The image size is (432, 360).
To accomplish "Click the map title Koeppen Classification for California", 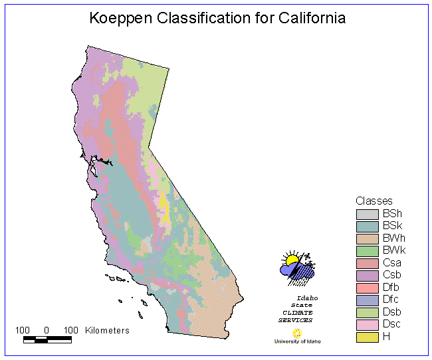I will tap(217, 18).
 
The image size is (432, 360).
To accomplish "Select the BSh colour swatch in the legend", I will tap(367, 214).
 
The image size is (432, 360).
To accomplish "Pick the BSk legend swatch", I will tap(367, 226).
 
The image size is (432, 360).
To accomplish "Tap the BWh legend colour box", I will tap(367, 238).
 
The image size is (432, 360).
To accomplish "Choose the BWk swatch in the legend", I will tap(367, 251).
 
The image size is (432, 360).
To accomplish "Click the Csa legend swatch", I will tap(367, 263).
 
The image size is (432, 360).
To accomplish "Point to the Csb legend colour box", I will tap(367, 275).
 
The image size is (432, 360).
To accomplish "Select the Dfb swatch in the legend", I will tap(367, 288).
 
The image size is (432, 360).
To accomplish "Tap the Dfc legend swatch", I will tap(367, 300).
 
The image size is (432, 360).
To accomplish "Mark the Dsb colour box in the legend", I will tap(367, 312).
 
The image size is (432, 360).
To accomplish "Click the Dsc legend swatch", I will tap(367, 324).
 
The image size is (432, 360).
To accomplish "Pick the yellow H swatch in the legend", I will tap(367, 337).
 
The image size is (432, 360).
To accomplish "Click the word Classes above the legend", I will tap(374, 201).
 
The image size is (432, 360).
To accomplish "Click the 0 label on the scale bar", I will tap(47, 330).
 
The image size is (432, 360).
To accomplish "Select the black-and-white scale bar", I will tap(47, 339).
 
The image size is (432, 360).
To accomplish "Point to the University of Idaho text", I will tap(297, 341).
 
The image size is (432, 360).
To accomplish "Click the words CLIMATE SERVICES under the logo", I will tap(295, 316).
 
